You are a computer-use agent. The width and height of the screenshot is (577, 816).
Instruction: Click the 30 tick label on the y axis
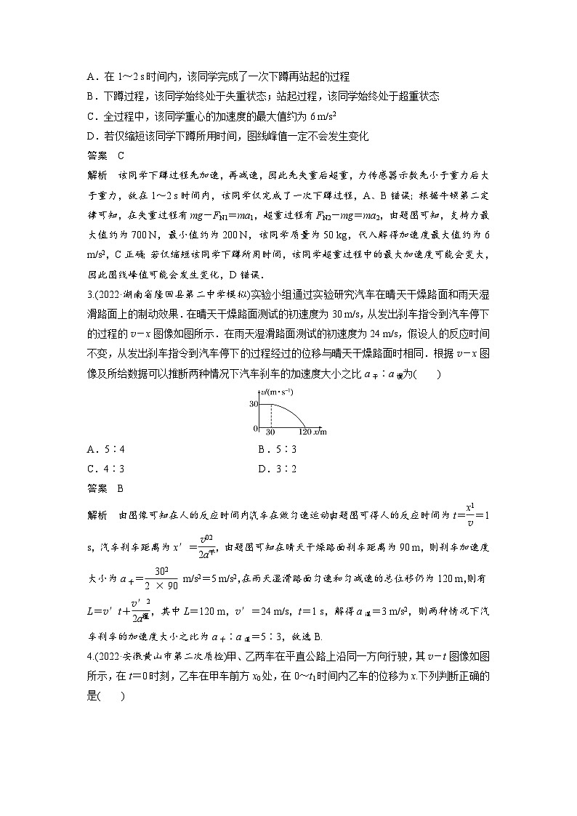254,403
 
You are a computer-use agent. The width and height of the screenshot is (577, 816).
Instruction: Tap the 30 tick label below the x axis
270,432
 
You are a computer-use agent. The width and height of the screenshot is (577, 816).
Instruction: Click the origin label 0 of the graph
256,428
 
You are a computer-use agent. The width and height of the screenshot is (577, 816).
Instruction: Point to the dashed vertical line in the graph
271,416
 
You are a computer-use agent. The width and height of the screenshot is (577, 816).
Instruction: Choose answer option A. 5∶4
102,449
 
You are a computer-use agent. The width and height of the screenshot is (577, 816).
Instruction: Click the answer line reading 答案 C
105,155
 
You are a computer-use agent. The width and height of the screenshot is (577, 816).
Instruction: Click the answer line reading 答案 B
105,489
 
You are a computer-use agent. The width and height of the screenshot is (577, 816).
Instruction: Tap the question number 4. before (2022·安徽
90,663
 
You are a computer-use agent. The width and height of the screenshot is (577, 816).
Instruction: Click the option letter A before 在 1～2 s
90,76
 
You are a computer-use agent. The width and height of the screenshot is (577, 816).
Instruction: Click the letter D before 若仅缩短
90,136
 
